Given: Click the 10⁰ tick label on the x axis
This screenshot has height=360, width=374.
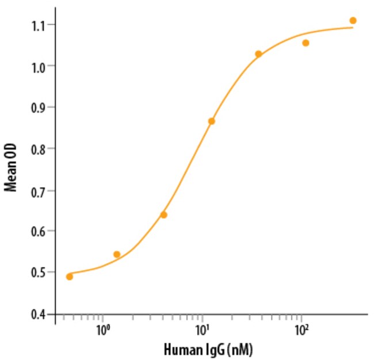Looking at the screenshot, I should (x=103, y=331).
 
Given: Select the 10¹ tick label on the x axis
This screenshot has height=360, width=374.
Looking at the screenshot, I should (x=202, y=331).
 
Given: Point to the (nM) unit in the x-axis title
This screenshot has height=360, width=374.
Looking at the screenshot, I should (x=241, y=349).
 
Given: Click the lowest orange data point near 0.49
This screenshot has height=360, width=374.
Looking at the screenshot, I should (x=70, y=277).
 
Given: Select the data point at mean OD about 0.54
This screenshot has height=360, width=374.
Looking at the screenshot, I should (x=117, y=254).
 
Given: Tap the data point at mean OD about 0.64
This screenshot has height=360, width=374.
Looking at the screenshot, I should (x=164, y=215).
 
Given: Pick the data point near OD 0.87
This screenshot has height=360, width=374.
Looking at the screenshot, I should (x=211, y=121).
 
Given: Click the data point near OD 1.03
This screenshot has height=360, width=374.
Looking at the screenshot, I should (x=258, y=54).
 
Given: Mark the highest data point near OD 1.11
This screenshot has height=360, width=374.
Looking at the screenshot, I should (x=353, y=21).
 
